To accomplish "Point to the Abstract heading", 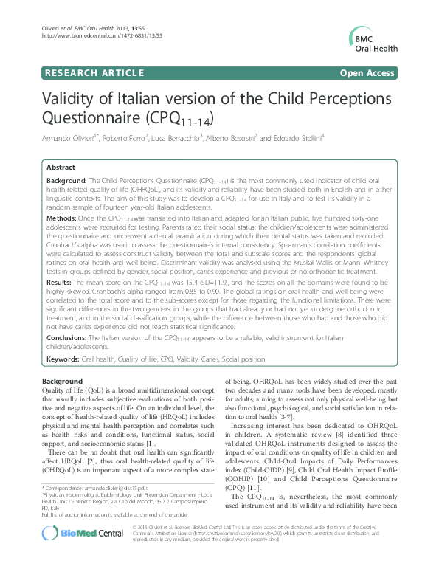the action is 61,168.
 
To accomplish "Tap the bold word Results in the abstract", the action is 59,281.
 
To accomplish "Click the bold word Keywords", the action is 63,358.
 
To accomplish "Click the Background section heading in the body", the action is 63,380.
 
